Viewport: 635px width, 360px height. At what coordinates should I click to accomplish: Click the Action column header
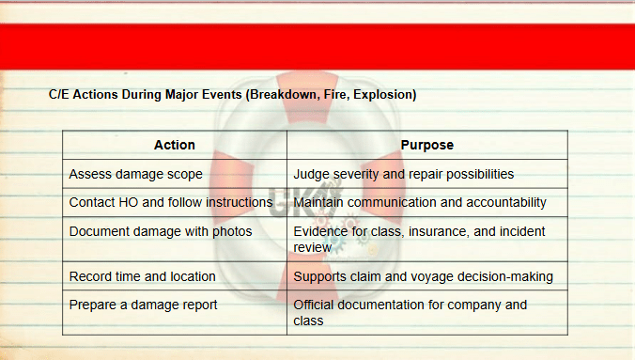coord(175,145)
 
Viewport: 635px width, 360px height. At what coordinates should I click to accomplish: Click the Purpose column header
coord(427,145)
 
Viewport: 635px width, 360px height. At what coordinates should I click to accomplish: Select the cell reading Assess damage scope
coord(175,174)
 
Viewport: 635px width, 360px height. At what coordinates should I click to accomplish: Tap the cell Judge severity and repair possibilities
coord(427,174)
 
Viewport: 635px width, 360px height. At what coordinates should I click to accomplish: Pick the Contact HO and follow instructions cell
coord(175,202)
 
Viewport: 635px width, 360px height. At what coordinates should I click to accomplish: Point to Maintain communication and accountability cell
coord(427,202)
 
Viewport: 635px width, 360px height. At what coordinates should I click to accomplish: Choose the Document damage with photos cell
coord(175,239)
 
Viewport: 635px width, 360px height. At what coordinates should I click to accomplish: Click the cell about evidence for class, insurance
coord(427,239)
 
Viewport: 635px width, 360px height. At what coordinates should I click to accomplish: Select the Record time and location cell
coord(175,276)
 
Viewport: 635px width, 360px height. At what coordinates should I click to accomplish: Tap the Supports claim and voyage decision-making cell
coord(427,276)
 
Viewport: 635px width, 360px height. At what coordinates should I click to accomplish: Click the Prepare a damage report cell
coord(175,313)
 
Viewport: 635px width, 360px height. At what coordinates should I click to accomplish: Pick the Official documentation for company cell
coord(427,313)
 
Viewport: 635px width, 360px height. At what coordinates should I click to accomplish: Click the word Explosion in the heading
coord(385,95)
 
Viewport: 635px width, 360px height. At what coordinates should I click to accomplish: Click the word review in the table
coord(312,247)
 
